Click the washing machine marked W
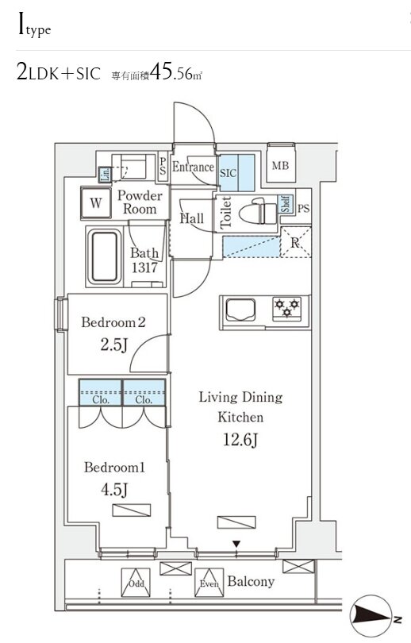tap(96, 202)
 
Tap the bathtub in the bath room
tap(104, 256)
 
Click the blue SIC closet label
tap(228, 172)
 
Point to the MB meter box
tap(281, 166)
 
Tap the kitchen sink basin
tap(240, 310)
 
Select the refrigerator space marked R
tap(295, 242)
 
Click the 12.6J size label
tap(240, 440)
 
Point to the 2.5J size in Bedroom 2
tap(114, 345)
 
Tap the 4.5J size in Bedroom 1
tap(114, 490)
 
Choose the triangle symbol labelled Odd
tap(136, 583)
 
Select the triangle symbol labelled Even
tap(209, 583)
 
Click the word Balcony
tap(251, 582)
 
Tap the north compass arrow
tap(371, 615)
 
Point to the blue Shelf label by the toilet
tap(286, 204)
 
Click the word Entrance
tap(193, 167)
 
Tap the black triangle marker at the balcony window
tap(236, 545)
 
